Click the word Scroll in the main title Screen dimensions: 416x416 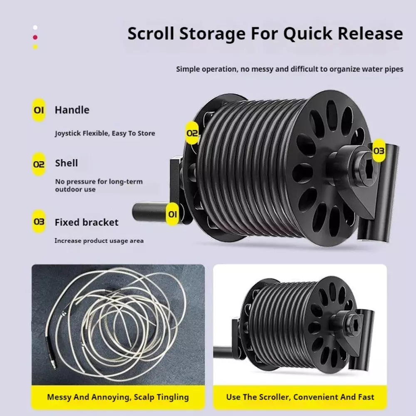(x=151, y=33)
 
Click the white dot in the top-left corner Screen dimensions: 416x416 (x=35, y=27)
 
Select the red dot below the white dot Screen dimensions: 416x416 (x=35, y=37)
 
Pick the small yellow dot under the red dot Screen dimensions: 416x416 (x=35, y=47)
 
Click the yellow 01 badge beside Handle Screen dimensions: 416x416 (x=39, y=110)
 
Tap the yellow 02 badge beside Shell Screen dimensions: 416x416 (x=39, y=164)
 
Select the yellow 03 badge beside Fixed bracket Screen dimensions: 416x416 (x=39, y=222)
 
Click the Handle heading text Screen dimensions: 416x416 (x=72, y=110)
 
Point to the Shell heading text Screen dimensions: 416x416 (x=66, y=163)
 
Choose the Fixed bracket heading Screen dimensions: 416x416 (x=87, y=222)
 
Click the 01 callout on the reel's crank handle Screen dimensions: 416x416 (x=173, y=214)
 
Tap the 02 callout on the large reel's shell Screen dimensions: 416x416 (x=192, y=133)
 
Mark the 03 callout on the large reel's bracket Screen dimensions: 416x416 (x=379, y=151)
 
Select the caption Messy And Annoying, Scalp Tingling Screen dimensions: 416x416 (x=118, y=397)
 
